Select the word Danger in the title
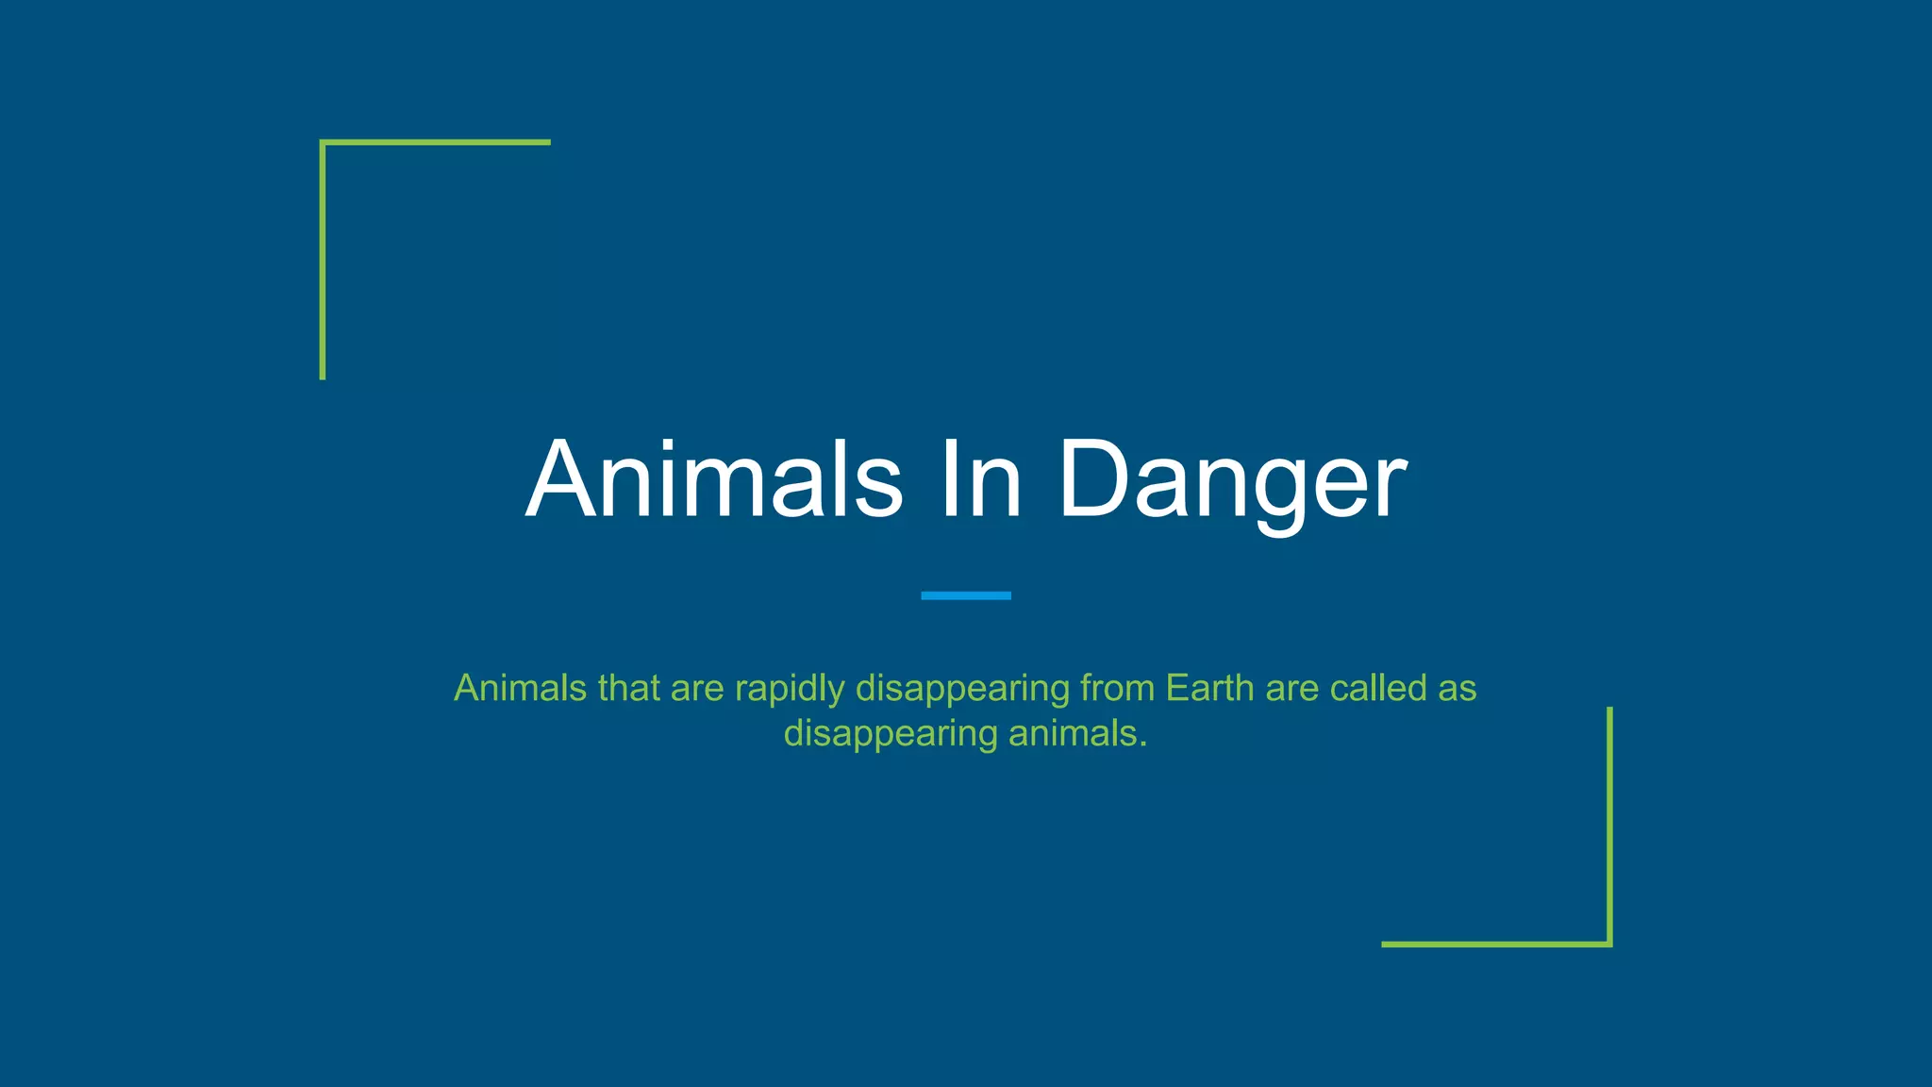point(1233,481)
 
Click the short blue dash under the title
point(965,595)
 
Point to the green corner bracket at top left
point(324,144)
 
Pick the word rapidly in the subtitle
point(790,689)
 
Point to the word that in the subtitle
point(629,688)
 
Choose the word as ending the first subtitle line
point(1457,690)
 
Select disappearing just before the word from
point(963,690)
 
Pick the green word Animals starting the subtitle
point(521,688)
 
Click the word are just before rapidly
point(697,690)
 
